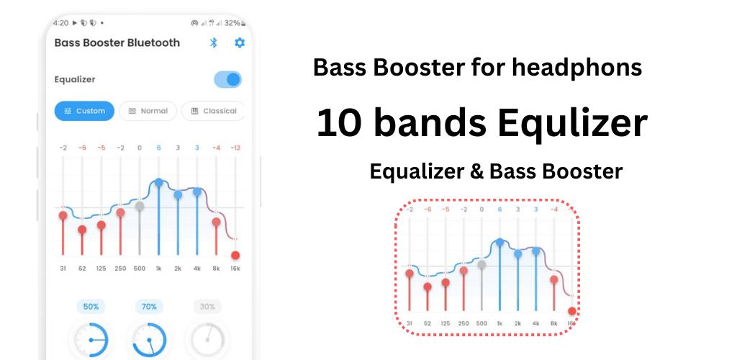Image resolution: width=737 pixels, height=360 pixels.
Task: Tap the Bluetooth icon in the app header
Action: [x=213, y=42]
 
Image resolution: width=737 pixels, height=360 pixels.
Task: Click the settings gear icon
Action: [x=240, y=42]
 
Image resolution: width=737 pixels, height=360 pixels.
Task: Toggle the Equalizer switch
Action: [x=228, y=79]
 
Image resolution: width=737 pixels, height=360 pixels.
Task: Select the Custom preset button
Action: [x=84, y=111]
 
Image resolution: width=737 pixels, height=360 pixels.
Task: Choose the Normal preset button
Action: [x=148, y=111]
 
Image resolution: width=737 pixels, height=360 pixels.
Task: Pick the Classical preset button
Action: [x=213, y=111]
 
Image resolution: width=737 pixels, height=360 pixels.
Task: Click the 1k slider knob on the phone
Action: [x=159, y=182]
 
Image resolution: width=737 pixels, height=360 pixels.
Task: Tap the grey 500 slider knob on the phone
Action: [x=140, y=205]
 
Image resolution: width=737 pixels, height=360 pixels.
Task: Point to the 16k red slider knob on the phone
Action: [x=235, y=255]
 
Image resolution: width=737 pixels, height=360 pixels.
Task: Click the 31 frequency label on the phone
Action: [x=63, y=269]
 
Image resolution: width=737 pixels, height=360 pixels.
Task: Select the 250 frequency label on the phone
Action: [x=120, y=269]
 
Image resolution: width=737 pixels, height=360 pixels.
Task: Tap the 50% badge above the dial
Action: [x=91, y=307]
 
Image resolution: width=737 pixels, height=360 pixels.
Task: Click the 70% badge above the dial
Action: [x=149, y=307]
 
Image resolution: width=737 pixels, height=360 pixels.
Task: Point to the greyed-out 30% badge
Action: [x=207, y=307]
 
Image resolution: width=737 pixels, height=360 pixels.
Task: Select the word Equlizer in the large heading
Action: [x=572, y=123]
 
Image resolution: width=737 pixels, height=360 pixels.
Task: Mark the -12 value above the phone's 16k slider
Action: [x=235, y=148]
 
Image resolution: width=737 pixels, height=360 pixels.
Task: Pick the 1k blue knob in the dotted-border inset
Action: [x=499, y=242]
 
